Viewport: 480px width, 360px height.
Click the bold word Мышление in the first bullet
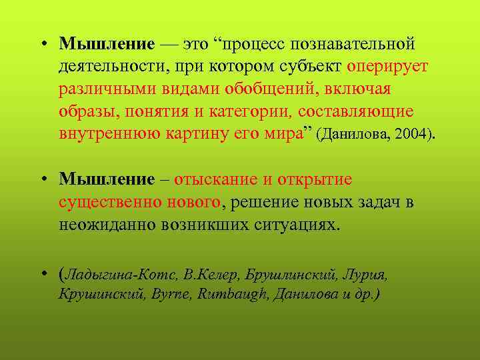[107, 44]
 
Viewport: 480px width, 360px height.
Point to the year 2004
[413, 134]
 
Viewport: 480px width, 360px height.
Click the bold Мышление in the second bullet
[107, 179]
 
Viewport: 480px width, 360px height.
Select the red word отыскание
[217, 179]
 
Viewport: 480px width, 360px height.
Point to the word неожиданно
[107, 224]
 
